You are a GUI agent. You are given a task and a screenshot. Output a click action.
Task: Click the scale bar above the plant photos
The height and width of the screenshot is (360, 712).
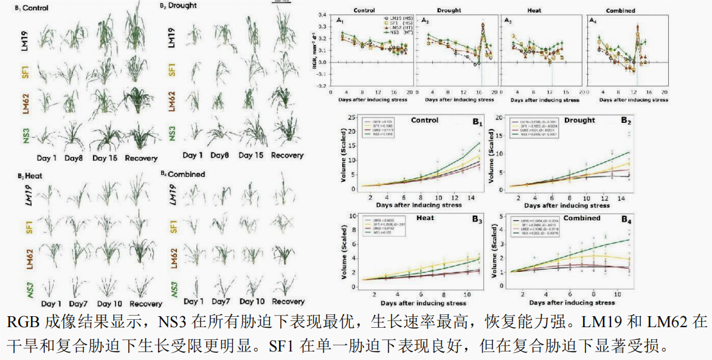(x=282, y=2)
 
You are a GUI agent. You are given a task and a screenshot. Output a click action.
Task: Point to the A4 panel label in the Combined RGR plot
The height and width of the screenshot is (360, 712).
(x=593, y=21)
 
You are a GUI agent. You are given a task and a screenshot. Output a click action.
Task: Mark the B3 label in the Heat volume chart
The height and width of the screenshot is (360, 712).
(x=477, y=221)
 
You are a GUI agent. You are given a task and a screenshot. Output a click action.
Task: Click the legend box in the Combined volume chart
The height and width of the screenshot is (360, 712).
(x=534, y=228)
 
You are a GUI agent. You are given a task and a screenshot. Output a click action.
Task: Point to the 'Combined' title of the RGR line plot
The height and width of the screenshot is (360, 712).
(x=620, y=10)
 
